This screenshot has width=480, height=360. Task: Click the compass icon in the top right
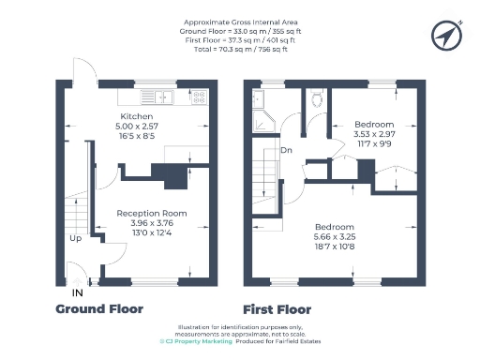click(x=447, y=35)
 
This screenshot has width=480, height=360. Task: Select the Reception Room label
click(x=151, y=214)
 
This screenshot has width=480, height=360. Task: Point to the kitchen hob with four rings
click(x=198, y=95)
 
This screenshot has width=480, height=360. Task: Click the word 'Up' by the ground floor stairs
click(x=75, y=238)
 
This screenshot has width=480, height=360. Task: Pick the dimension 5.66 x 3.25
click(x=334, y=239)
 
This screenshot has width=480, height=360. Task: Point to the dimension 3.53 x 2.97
click(x=373, y=135)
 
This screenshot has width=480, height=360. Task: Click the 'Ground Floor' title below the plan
click(x=99, y=308)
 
